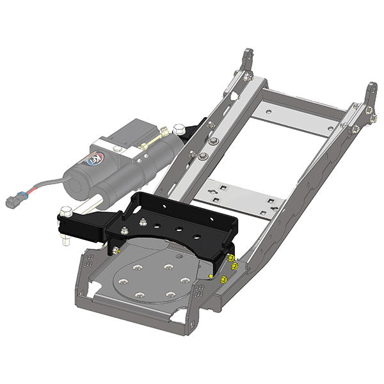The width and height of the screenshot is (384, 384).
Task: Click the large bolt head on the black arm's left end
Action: pos(66,212)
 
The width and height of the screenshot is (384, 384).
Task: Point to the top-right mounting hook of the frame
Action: pos(371,96)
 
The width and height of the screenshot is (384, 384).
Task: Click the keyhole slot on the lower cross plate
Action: pos(220,191)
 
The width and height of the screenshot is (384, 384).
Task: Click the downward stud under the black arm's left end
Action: pos(66,241)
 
